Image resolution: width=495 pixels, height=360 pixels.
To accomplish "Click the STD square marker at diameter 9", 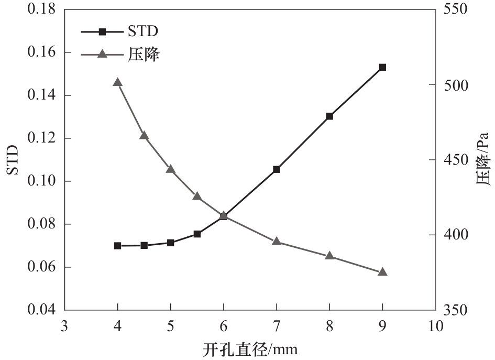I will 382,68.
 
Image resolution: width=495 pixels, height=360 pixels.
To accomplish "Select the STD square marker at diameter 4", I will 118,246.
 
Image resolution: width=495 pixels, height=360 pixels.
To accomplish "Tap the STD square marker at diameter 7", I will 277,169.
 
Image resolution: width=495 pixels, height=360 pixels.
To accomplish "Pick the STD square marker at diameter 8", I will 329,116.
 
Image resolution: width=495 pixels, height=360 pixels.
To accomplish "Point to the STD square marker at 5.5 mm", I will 197,234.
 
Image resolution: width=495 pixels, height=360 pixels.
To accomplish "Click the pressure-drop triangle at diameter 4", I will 118,82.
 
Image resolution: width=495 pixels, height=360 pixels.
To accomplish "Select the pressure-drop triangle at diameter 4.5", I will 144,136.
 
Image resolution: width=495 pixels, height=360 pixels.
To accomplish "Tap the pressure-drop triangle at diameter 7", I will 277,242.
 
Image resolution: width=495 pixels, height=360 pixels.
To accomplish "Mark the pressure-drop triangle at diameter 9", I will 382,272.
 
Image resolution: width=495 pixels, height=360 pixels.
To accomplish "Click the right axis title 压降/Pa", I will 482,160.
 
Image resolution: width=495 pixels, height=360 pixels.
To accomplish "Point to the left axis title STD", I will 13,160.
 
